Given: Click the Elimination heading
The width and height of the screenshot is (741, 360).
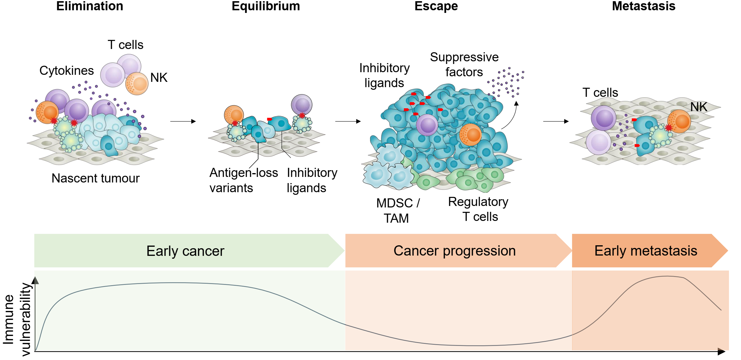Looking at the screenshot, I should click(90, 6).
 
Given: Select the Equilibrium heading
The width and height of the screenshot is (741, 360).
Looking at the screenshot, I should click(266, 6).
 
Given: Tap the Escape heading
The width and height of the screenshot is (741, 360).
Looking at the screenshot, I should click(436, 6).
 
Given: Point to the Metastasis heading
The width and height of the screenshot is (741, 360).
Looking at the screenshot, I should click(644, 6).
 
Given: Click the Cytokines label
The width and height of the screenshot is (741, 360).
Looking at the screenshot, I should click(67, 71).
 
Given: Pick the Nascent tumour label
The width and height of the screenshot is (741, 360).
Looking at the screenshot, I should click(96, 178).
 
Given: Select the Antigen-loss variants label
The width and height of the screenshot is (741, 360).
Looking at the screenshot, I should click(243, 180).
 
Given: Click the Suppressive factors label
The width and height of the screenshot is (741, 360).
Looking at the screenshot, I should click(464, 65).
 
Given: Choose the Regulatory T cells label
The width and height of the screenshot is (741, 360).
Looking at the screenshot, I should click(478, 209).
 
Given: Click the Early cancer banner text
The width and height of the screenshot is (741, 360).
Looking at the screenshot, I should click(185, 251).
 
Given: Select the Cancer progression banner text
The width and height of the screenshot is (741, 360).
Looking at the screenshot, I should click(454, 251).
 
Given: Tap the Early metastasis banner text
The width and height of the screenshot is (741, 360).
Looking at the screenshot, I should click(646, 251).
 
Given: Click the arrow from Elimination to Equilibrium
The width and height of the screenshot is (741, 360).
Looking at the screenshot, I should click(183, 121).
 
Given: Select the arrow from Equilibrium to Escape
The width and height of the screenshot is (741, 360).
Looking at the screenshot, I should click(348, 121).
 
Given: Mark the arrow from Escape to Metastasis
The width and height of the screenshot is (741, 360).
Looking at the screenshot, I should click(556, 121).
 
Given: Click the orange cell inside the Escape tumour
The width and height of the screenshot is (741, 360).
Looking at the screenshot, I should click(470, 135).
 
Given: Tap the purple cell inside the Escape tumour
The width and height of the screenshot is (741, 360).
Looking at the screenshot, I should click(427, 125).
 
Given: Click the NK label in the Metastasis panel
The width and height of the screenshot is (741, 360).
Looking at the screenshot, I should click(699, 107).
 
